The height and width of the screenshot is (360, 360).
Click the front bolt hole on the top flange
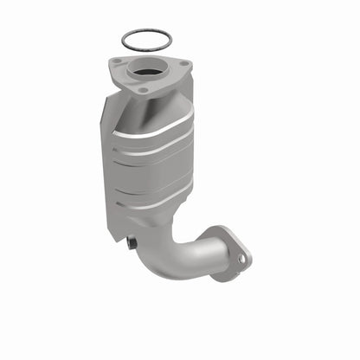[x=142, y=89]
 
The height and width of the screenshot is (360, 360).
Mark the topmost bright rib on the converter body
[x=160, y=130]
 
